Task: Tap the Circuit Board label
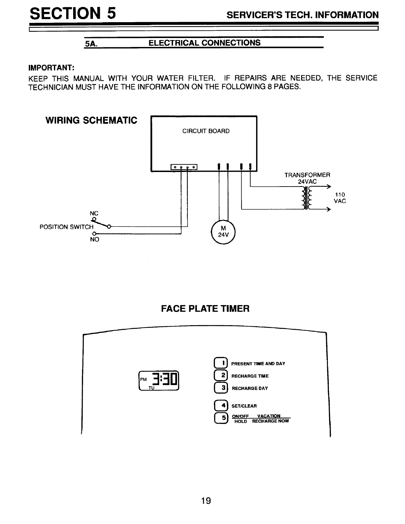coord(206,131)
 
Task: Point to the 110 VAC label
coord(340,198)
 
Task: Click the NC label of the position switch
coord(94,213)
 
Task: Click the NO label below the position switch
coord(94,240)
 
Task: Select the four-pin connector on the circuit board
coord(184,167)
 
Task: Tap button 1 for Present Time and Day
coord(220,363)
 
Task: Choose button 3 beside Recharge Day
coord(220,388)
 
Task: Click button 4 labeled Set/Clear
coord(220,406)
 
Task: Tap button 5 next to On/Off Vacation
coord(220,418)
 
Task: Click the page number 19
coord(206,501)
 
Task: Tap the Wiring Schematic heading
coord(91,120)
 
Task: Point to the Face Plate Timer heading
coord(205,309)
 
